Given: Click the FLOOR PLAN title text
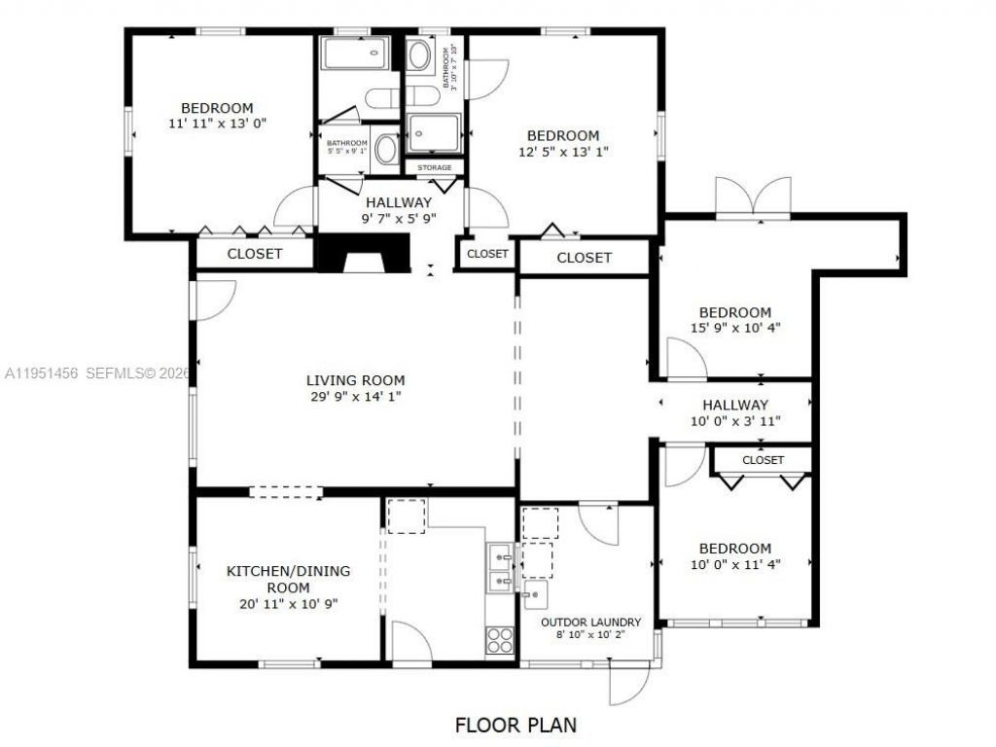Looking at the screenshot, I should click(516, 725).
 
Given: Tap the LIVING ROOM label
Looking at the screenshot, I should click(355, 380).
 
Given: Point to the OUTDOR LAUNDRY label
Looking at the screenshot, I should click(590, 622).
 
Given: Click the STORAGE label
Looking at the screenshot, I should click(434, 168).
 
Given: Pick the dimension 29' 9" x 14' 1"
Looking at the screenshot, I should click(355, 396).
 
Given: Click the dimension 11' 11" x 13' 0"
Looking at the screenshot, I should click(217, 124).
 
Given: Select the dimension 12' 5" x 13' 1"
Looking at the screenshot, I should click(563, 151).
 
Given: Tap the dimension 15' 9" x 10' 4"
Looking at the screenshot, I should click(734, 328).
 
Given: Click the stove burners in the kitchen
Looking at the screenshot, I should click(500, 639).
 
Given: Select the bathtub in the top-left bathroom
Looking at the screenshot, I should click(356, 53).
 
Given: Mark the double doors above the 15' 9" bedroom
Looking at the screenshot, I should click(753, 197).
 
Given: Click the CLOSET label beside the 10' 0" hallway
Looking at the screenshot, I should click(763, 460).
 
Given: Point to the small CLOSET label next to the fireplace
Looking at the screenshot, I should click(487, 254).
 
